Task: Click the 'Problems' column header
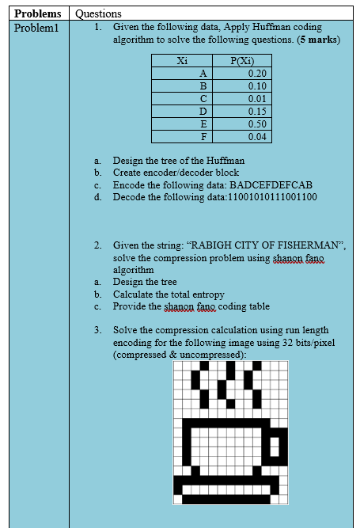tap(36, 14)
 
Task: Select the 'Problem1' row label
tap(36, 28)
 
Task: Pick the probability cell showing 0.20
tap(255, 73)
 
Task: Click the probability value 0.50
tap(255, 124)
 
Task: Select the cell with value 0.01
tap(255, 98)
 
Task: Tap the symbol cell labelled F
tap(203, 137)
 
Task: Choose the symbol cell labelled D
tap(203, 112)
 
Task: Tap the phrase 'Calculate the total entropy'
tap(169, 294)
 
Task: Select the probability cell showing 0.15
tap(255, 112)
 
